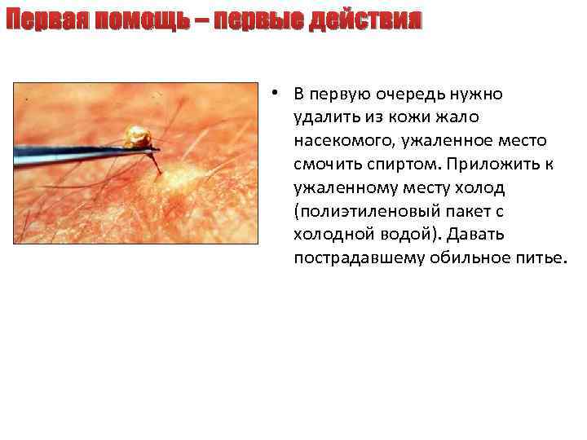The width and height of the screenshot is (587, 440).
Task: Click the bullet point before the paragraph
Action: [277, 92]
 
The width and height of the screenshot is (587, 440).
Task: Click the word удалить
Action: [324, 117]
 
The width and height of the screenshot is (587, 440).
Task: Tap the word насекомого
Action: [343, 141]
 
